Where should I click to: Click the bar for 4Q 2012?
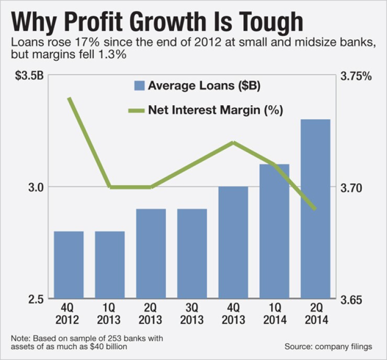tap(69, 265)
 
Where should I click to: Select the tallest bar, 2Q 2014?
tap(315, 209)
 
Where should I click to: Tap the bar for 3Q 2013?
tap(192, 254)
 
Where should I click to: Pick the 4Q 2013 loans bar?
tap(233, 243)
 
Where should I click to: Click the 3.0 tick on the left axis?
tap(35, 187)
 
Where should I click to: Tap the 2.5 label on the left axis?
tap(35, 300)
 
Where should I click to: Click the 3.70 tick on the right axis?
tap(351, 187)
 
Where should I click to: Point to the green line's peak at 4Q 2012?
tap(69, 98)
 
